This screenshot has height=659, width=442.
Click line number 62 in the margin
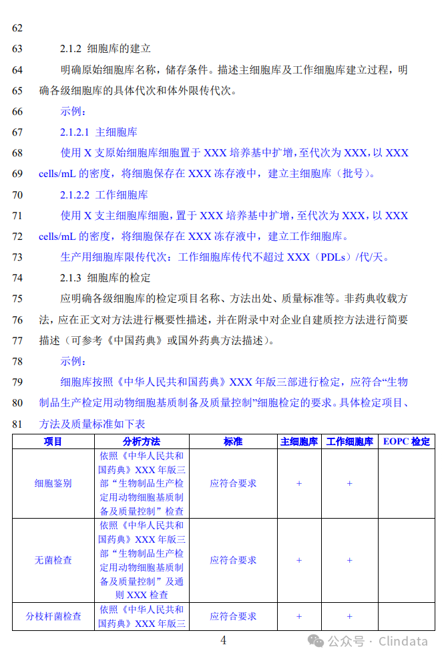[17, 28]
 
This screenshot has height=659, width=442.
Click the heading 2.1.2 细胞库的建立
[105, 49]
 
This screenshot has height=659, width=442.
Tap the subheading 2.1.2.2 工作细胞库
[103, 195]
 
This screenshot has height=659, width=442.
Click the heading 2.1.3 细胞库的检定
[105, 277]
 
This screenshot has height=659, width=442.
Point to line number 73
[17, 257]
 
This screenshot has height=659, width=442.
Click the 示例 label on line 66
[73, 111]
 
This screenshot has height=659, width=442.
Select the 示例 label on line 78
[73, 362]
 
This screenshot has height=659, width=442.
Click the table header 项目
[53, 442]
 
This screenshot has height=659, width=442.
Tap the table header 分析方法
[142, 442]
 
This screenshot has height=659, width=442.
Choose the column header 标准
[233, 442]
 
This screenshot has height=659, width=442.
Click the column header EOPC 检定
[407, 442]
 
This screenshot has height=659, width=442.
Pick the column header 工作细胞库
[349, 442]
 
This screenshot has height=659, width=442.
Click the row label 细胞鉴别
[53, 483]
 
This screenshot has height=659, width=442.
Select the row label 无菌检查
[53, 560]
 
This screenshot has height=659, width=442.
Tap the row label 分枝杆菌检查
[53, 616]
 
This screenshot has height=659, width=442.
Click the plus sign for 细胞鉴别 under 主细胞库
[299, 483]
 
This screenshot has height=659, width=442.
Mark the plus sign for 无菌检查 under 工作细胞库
[349, 560]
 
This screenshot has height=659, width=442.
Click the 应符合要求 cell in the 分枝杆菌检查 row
[233, 616]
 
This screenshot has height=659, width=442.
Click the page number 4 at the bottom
[223, 640]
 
